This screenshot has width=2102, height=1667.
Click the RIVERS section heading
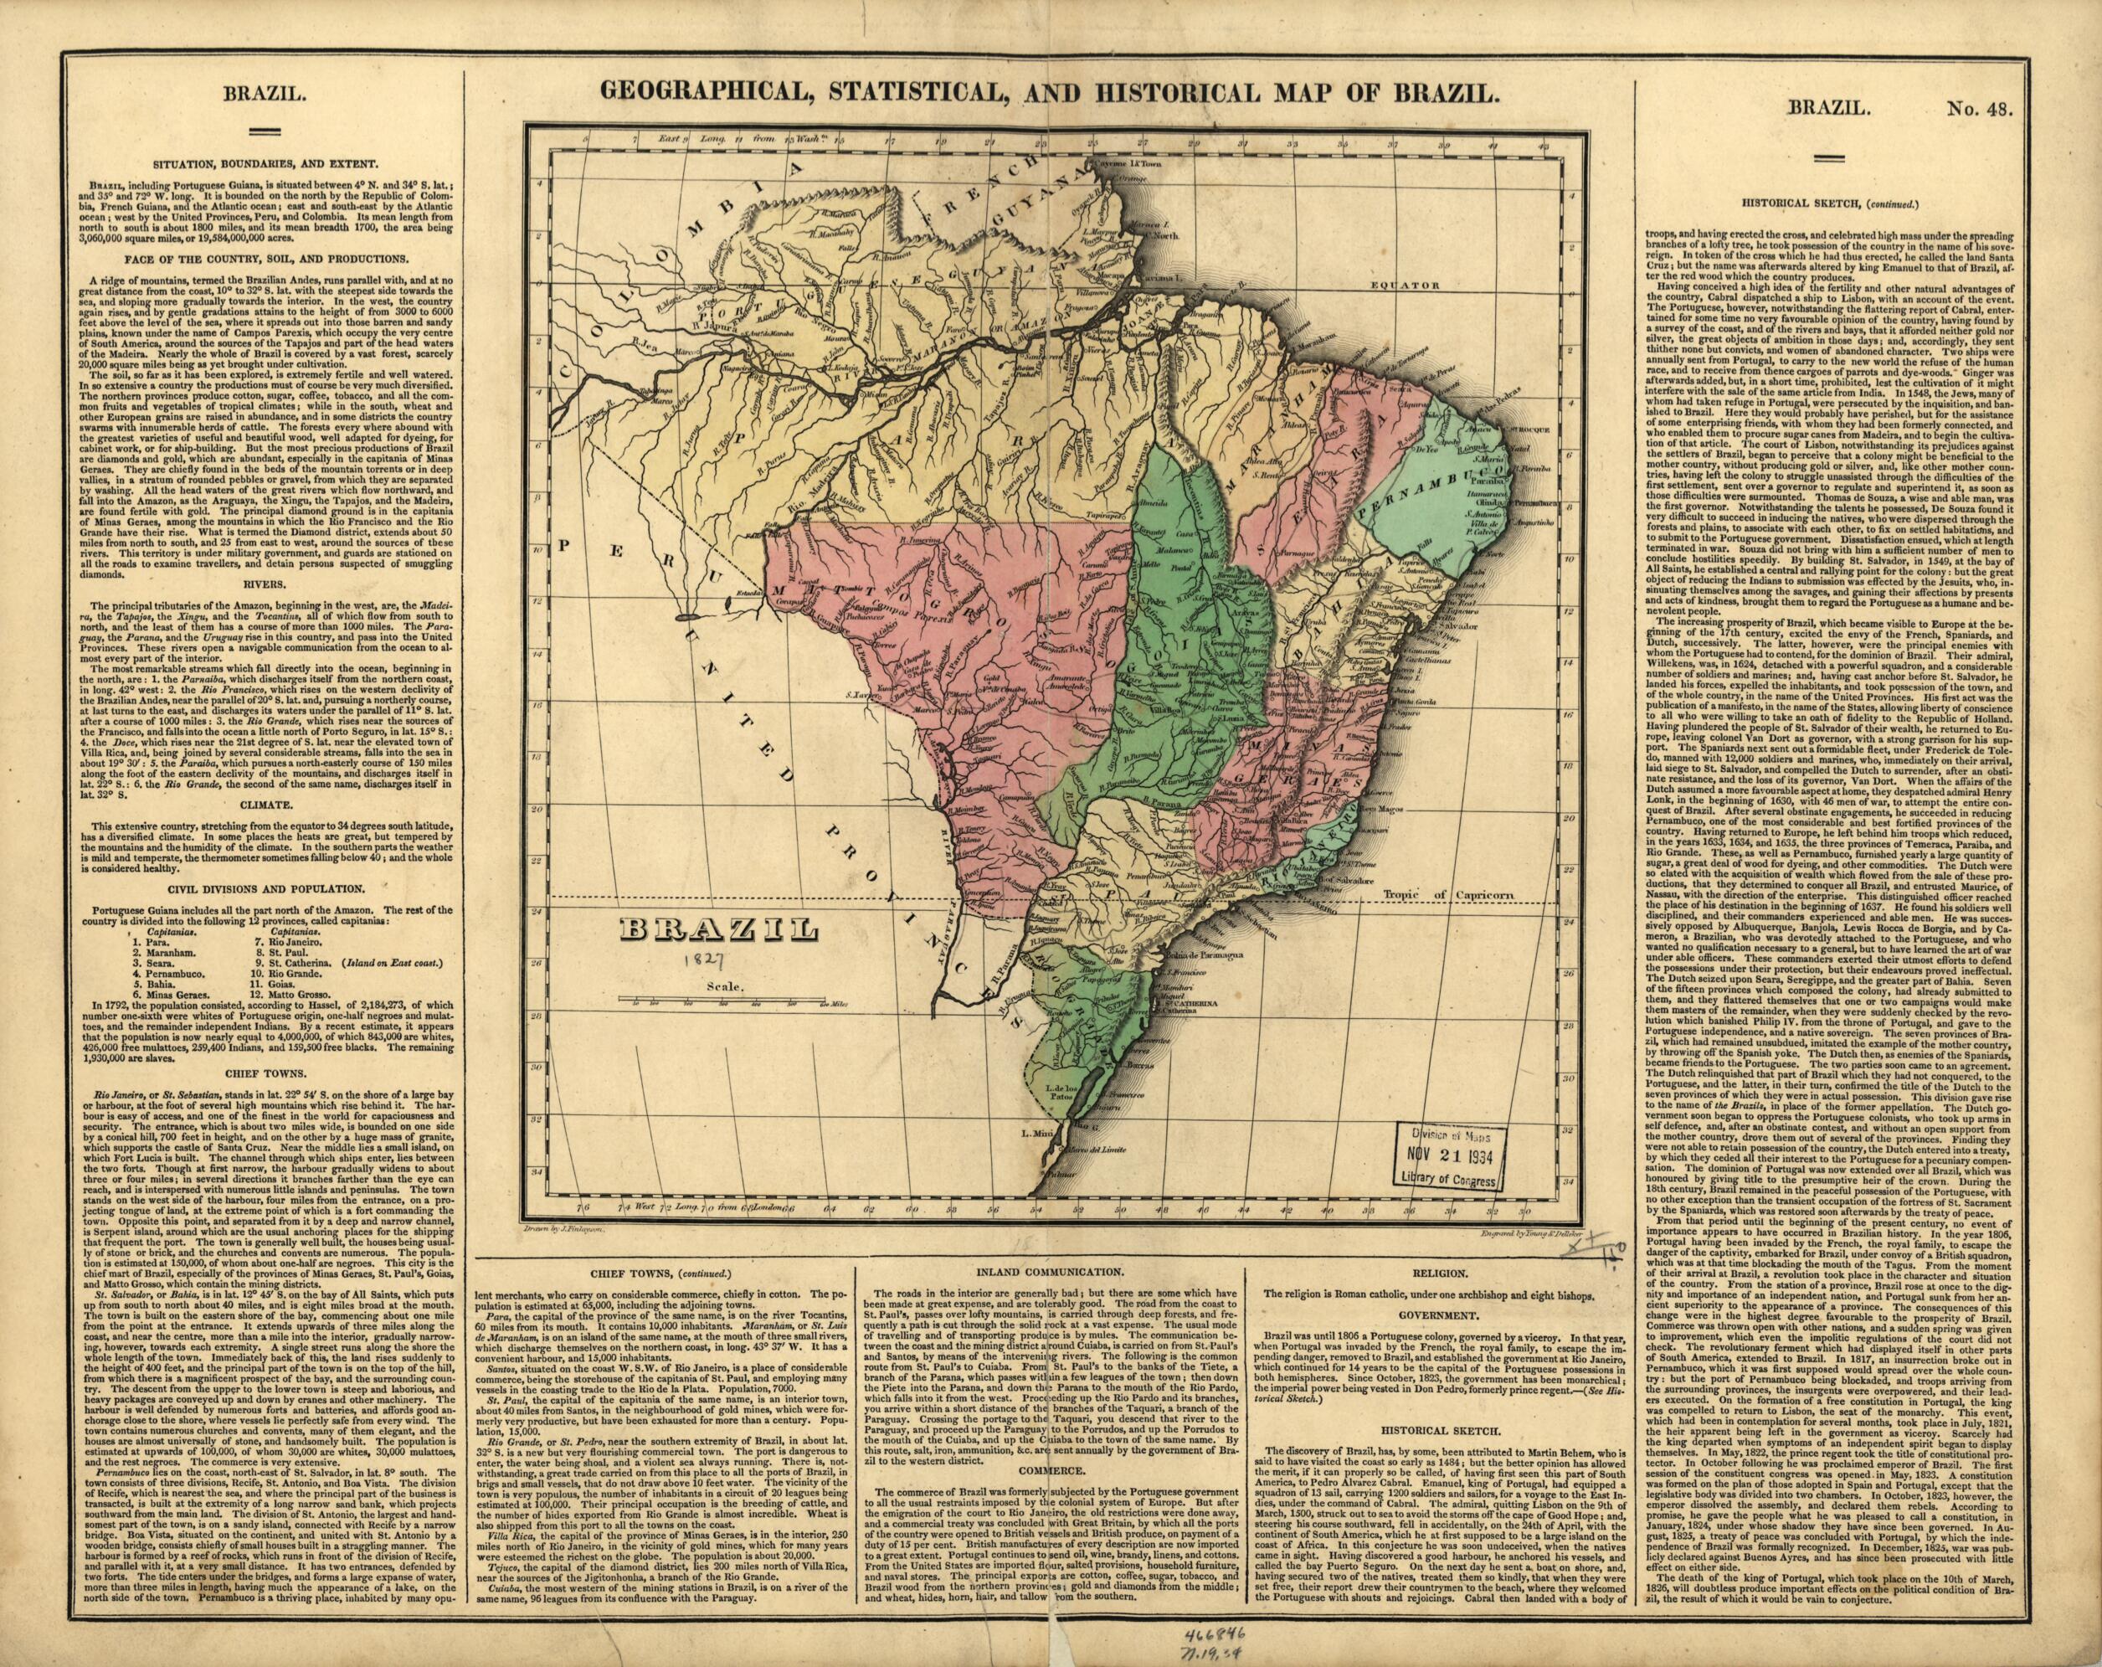[266, 585]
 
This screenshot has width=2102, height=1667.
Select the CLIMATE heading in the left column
[266, 805]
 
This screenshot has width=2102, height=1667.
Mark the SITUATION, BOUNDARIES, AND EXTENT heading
[266, 166]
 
